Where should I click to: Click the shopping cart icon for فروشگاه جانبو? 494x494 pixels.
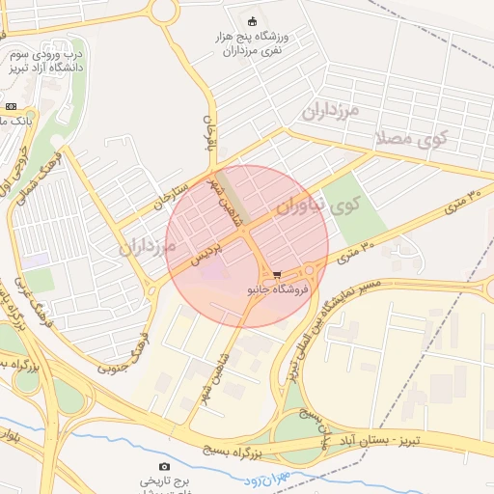coord(278,274)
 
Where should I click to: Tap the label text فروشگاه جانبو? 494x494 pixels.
coord(278,288)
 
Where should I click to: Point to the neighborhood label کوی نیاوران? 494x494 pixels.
coord(316,206)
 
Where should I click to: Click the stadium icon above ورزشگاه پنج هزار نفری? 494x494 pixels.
coord(253,21)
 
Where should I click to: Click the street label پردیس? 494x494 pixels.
coord(206,253)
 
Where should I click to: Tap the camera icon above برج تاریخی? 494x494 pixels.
coord(163,468)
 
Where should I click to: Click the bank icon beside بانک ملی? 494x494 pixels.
coord(11,106)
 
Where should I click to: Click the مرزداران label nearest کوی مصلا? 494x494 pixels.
coord(330,110)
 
